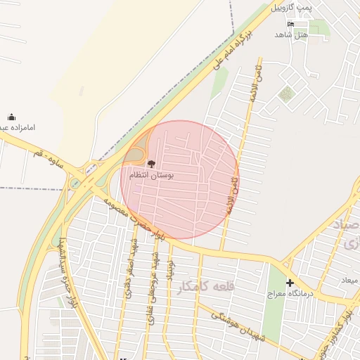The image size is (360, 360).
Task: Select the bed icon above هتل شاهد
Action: coord(291,24)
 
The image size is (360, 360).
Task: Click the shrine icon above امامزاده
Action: coord(11,117)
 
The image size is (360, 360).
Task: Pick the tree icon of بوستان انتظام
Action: coord(151,163)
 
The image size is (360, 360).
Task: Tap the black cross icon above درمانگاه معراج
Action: coord(290,283)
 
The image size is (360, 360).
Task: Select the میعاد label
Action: coord(349,281)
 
